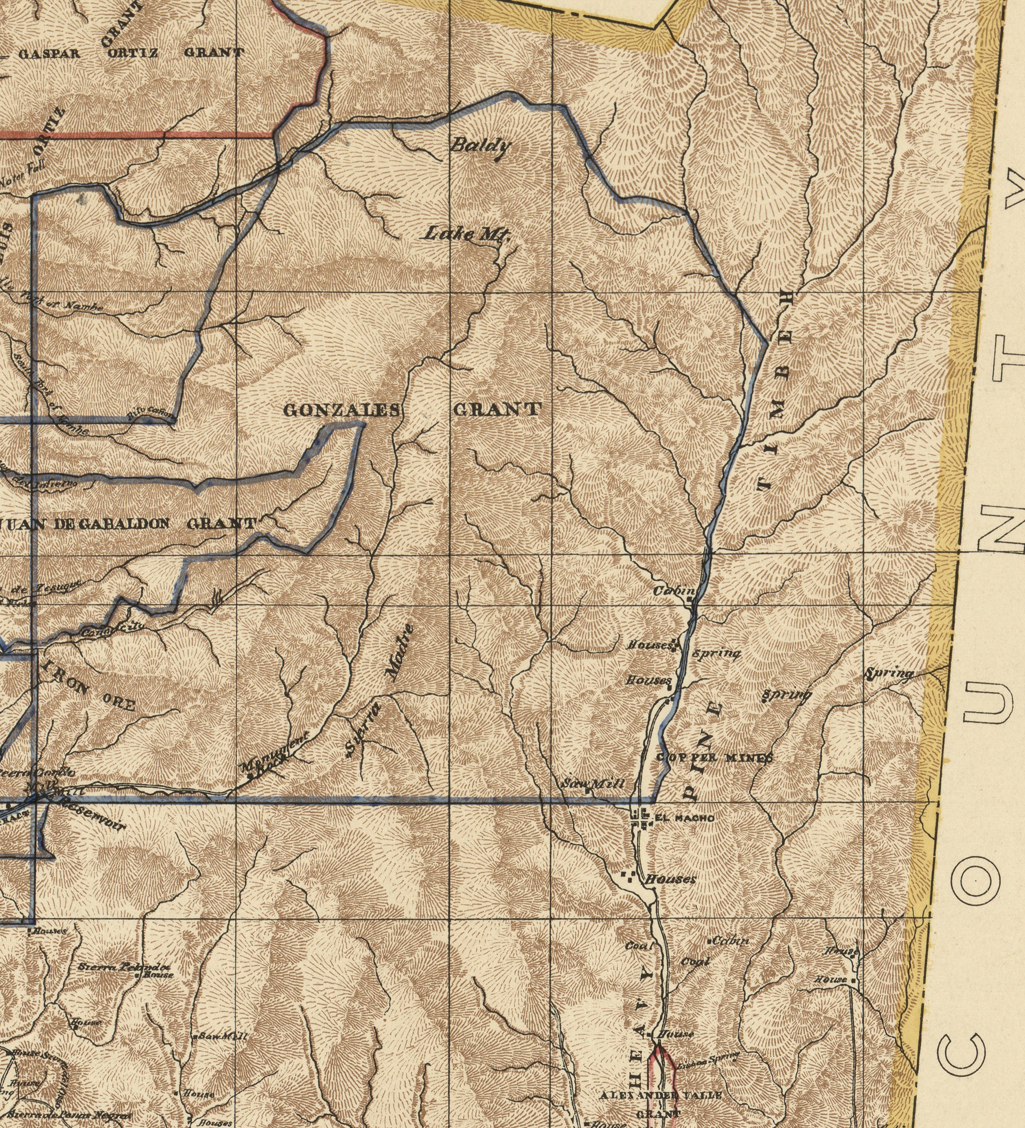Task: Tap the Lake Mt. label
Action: [466, 234]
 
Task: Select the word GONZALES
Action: [342, 410]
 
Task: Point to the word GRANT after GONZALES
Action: [497, 409]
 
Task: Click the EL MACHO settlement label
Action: [684, 818]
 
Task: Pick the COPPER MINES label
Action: [714, 758]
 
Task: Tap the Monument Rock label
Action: [273, 755]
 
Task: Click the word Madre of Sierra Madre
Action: [402, 651]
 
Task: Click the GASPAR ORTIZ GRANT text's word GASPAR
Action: [49, 54]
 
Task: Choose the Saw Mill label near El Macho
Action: [592, 784]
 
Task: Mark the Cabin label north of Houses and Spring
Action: [674, 591]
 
